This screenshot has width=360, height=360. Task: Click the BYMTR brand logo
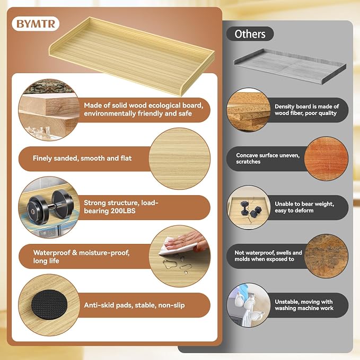pyautogui.click(x=36, y=24)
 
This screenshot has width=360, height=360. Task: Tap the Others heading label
pyautogui.click(x=250, y=34)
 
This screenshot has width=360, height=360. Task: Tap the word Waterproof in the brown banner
pyautogui.click(x=51, y=253)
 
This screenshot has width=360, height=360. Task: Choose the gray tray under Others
pyautogui.click(x=289, y=66)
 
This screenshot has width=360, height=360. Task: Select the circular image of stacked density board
pyautogui.click(x=249, y=110)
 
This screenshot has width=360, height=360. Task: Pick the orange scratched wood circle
pyautogui.click(x=326, y=159)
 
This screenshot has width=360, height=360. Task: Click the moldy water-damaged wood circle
pyautogui.click(x=326, y=256)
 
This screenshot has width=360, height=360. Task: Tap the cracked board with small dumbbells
pyautogui.click(x=249, y=207)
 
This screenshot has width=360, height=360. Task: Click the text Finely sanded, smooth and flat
pyautogui.click(x=82, y=158)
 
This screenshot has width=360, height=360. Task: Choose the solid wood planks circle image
pyautogui.click(x=49, y=110)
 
